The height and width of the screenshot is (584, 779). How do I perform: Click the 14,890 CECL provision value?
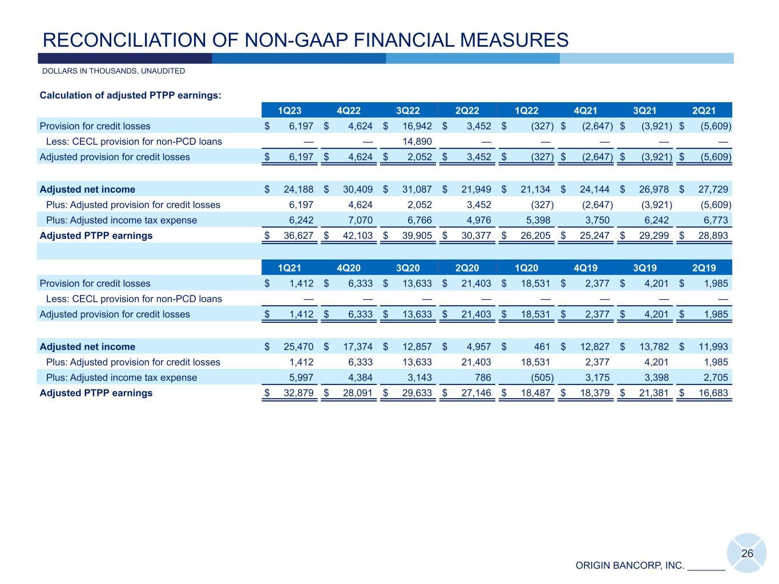(417, 141)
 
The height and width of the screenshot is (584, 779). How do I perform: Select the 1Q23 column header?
(289, 111)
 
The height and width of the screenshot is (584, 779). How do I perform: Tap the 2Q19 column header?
(704, 268)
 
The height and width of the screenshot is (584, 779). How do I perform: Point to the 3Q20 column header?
(408, 268)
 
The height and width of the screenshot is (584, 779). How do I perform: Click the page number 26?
(747, 554)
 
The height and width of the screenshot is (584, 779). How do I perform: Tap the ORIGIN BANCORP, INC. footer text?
(629, 566)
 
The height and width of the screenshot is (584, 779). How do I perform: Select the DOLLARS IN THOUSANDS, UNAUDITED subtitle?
(114, 71)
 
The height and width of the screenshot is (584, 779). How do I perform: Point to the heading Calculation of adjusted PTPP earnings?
(131, 95)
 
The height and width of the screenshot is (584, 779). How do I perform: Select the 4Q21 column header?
(586, 111)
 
